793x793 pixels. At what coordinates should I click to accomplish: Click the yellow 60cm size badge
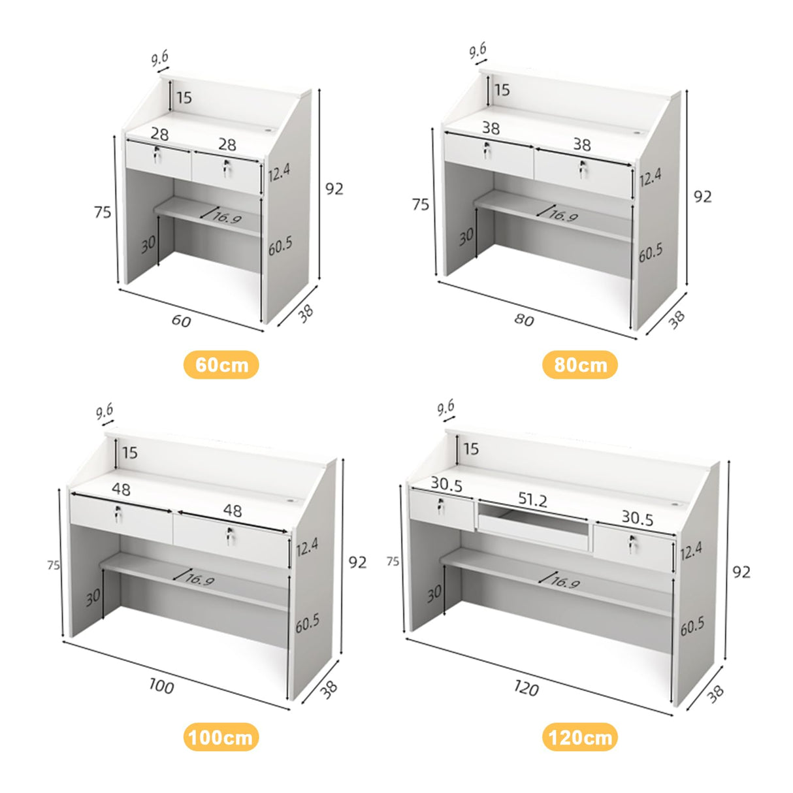click(221, 364)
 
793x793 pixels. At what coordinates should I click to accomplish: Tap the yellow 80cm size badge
click(579, 364)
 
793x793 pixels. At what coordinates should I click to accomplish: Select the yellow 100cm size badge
click(221, 737)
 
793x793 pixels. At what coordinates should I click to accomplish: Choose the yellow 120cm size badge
click(579, 737)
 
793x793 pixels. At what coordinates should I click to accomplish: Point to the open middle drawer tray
click(532, 523)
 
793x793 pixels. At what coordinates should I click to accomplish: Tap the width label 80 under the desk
click(523, 319)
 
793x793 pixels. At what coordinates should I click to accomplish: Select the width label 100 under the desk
click(161, 687)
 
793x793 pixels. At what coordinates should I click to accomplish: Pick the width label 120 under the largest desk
click(525, 688)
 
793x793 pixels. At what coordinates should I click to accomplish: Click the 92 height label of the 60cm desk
click(334, 189)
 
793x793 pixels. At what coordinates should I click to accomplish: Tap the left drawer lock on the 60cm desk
click(157, 155)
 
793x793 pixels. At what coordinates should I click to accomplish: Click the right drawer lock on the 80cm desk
click(582, 169)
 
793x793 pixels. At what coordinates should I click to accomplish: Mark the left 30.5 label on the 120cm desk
click(446, 485)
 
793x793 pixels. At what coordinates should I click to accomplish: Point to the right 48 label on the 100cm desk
click(232, 510)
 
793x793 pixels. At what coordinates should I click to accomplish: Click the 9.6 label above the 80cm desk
click(477, 50)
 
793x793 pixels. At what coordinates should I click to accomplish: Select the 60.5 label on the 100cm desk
click(307, 623)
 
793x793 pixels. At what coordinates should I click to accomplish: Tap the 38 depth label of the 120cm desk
click(715, 693)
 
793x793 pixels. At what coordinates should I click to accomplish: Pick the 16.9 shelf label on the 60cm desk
click(227, 217)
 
